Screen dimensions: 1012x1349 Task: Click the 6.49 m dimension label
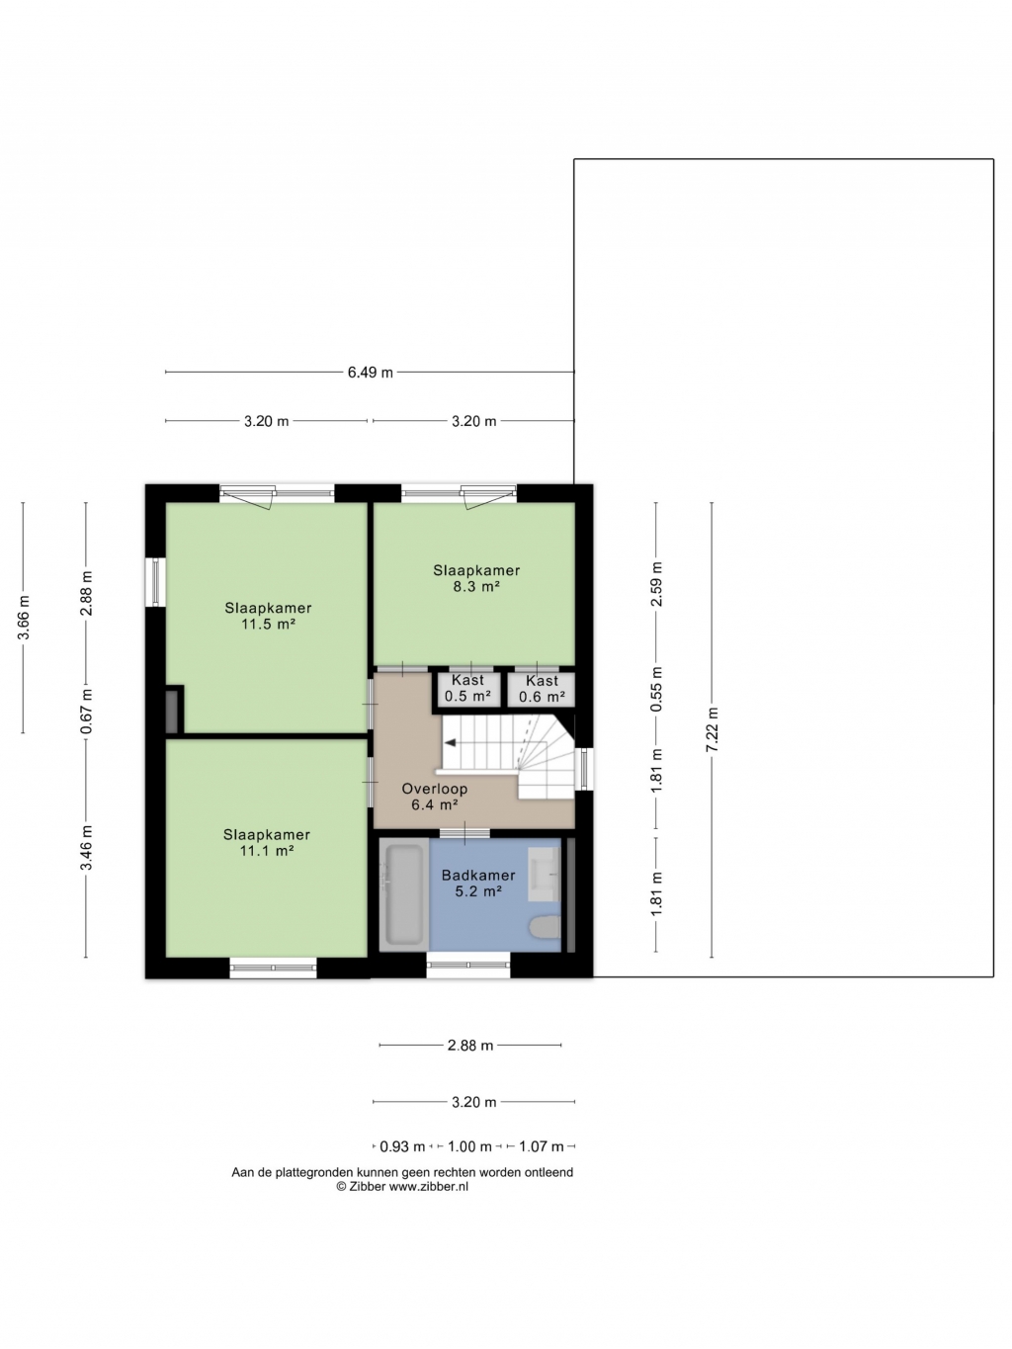point(370,373)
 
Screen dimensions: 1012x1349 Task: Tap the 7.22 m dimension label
point(713,729)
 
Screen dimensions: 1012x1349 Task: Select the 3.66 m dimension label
point(24,618)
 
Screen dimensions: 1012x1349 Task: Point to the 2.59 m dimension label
point(657,584)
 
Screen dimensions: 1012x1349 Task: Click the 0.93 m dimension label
point(402,1146)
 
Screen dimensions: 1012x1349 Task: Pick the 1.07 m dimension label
point(542,1146)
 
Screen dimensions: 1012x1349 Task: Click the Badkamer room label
point(478,876)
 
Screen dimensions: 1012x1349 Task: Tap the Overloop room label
point(435,789)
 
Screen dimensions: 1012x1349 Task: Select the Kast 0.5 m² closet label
point(467,688)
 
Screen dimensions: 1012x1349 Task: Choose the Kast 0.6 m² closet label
point(542,689)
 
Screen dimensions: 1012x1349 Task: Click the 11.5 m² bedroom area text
point(268,625)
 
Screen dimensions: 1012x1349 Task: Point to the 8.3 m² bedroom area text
point(476,586)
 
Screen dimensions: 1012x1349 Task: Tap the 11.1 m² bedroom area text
point(267,851)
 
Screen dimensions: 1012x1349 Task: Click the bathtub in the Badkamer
point(403,894)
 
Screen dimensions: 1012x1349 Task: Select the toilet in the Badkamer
point(545,927)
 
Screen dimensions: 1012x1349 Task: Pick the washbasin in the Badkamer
point(545,874)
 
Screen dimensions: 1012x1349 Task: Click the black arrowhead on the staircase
point(451,743)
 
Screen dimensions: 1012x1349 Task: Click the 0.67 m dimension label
point(86,712)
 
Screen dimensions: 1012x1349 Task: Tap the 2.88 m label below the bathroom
point(470,1046)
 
